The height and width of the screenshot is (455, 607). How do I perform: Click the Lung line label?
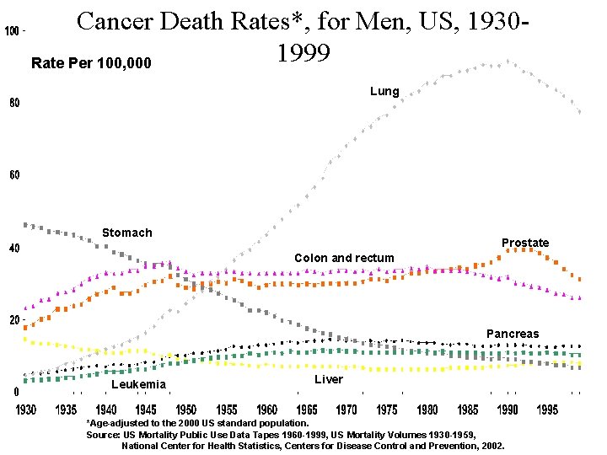(x=384, y=91)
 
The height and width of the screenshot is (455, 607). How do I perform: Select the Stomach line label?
(x=126, y=233)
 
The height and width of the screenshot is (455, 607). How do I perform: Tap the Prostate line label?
(x=524, y=243)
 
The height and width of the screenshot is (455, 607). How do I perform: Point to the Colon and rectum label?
(x=344, y=258)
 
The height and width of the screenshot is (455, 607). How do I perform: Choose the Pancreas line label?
(x=512, y=334)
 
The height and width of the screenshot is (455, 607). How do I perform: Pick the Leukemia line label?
(x=138, y=384)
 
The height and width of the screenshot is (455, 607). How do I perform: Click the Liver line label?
(x=329, y=379)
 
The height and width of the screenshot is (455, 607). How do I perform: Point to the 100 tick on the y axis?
(x=13, y=31)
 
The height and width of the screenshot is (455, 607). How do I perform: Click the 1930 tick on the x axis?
(x=26, y=410)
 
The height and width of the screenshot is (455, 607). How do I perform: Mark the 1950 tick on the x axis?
(x=186, y=410)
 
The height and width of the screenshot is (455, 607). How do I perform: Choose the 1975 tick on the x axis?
(x=387, y=410)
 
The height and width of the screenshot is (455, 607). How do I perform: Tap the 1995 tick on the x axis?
(x=547, y=410)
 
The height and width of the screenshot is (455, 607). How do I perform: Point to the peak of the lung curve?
(x=508, y=62)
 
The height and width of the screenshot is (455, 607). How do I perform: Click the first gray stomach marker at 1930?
(x=26, y=224)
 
